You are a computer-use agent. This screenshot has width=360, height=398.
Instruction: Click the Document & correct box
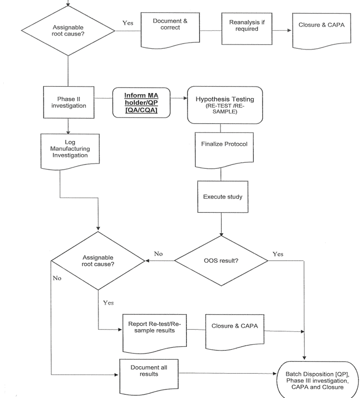point(170,28)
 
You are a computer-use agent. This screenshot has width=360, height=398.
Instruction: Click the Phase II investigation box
point(69,102)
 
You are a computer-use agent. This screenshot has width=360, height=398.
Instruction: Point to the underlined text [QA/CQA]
point(141,110)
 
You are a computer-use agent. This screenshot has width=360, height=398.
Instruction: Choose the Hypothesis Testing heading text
point(225,99)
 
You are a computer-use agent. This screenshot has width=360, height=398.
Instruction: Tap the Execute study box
point(223,197)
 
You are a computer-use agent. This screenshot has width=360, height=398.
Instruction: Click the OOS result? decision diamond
point(221,260)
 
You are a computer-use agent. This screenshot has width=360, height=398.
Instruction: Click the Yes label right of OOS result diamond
point(278,254)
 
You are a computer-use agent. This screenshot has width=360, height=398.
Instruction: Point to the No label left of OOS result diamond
point(158,254)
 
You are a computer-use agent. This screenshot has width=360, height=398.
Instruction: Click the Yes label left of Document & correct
point(128,23)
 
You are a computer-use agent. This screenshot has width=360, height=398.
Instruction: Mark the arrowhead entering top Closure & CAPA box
point(289,31)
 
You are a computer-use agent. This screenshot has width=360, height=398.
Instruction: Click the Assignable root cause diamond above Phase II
point(68,31)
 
